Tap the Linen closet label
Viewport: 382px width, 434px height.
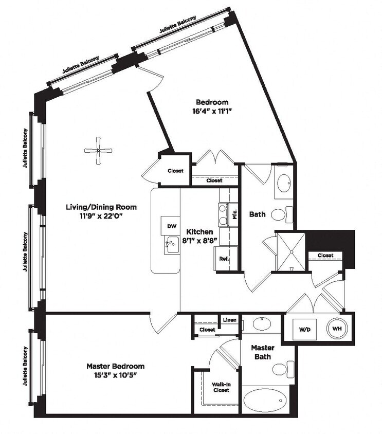(x=230, y=320)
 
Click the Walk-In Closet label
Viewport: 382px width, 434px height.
(x=221, y=386)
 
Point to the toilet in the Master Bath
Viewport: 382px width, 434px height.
(x=282, y=369)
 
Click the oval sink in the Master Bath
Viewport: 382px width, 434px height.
(x=262, y=324)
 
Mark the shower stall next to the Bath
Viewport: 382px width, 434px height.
(x=291, y=252)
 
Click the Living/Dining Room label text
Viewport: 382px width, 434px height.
(x=101, y=207)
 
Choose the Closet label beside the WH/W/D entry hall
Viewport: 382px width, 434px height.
(x=325, y=256)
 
